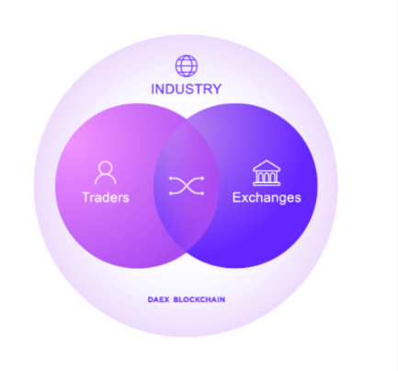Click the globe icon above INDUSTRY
(187, 66)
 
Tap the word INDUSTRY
(187, 89)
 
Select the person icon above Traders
(106, 173)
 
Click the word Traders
(106, 197)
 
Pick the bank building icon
(267, 173)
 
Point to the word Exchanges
(267, 198)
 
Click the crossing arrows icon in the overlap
(187, 186)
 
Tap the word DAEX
(158, 299)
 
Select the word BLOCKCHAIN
(199, 299)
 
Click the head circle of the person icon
(106, 168)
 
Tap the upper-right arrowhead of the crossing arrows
(202, 178)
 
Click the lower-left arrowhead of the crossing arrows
(171, 193)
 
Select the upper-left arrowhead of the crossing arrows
(171, 178)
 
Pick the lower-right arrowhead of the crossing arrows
(202, 193)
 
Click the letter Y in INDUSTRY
(216, 89)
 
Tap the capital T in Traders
(86, 197)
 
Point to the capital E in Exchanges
(236, 197)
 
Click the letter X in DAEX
(166, 299)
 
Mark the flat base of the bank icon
(267, 184)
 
